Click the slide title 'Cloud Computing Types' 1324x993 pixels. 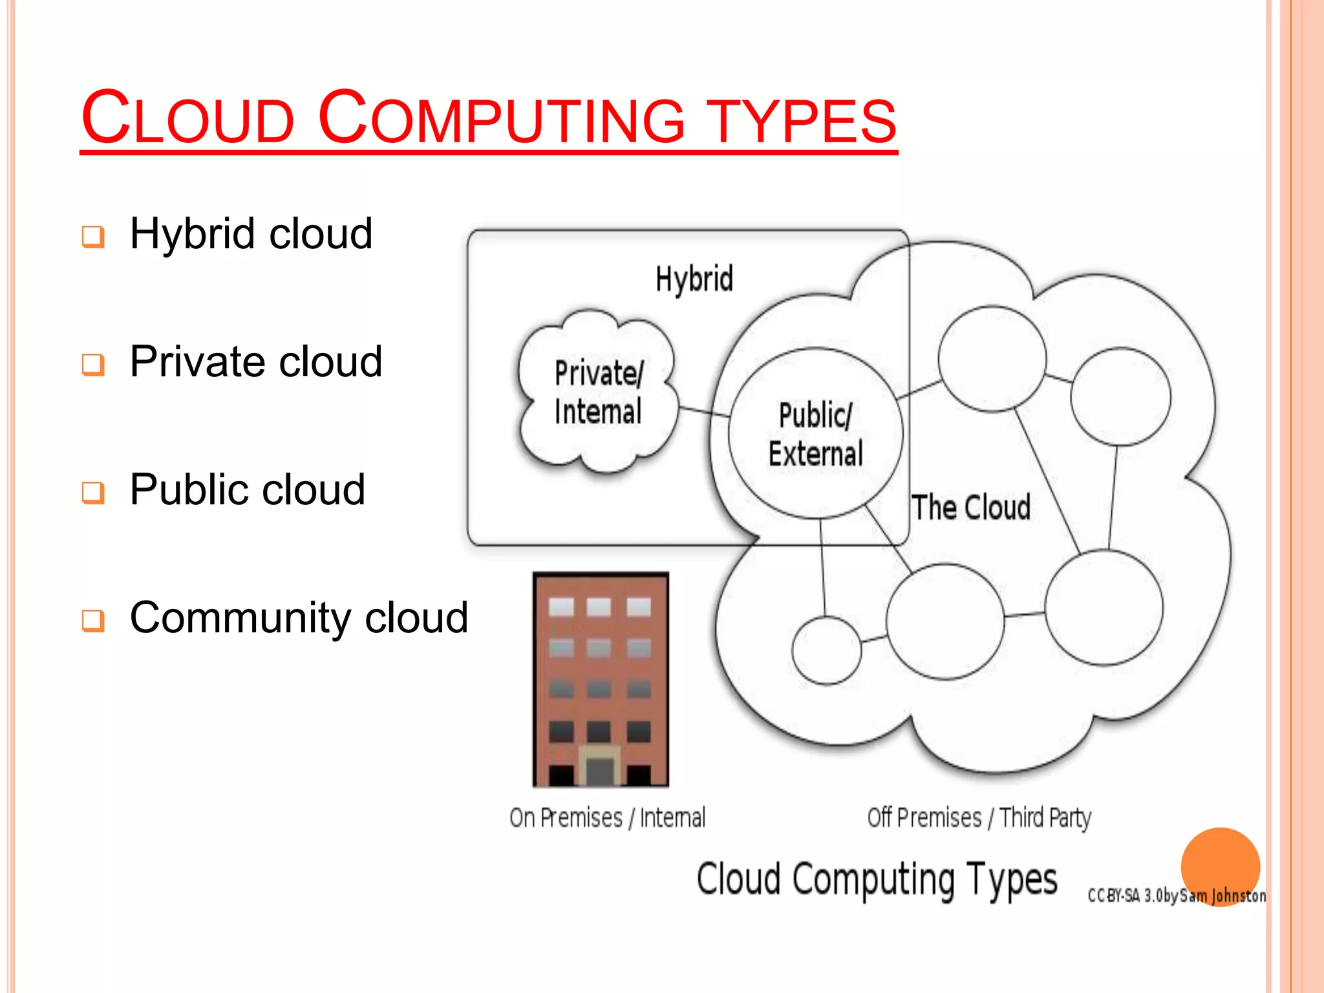click(489, 119)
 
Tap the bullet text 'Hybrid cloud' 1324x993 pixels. click(251, 233)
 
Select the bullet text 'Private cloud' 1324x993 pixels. click(256, 361)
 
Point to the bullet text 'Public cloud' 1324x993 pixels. click(248, 489)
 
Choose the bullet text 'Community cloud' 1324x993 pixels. click(299, 617)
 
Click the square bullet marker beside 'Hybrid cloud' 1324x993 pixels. click(93, 237)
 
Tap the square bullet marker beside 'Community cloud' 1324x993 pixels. click(93, 621)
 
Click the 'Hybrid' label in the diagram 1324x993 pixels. click(694, 279)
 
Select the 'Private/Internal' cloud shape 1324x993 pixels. click(598, 392)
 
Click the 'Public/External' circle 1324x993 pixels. click(815, 434)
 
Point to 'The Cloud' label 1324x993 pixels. click(971, 507)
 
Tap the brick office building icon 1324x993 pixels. click(601, 679)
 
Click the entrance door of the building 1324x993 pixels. click(599, 769)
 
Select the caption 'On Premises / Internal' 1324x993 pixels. click(607, 818)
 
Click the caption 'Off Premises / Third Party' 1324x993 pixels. click(979, 818)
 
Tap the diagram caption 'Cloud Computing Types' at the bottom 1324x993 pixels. click(877, 880)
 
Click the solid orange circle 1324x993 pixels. click(1220, 863)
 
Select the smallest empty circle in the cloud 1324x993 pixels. click(826, 650)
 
